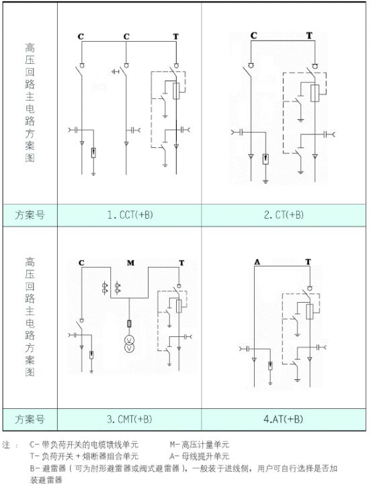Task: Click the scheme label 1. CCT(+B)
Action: [x=130, y=215]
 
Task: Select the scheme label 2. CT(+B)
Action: [x=284, y=215]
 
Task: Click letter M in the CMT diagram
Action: [x=131, y=262]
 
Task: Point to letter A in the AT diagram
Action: [x=256, y=261]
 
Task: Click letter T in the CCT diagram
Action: [x=176, y=35]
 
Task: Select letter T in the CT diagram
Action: [x=309, y=35]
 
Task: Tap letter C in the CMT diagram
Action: [x=81, y=262]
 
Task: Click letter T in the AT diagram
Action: [x=308, y=261]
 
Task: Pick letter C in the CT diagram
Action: [x=253, y=35]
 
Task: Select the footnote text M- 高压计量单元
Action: [x=200, y=445]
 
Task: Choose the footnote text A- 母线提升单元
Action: [x=200, y=456]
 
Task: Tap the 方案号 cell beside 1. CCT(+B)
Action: [x=30, y=215]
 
